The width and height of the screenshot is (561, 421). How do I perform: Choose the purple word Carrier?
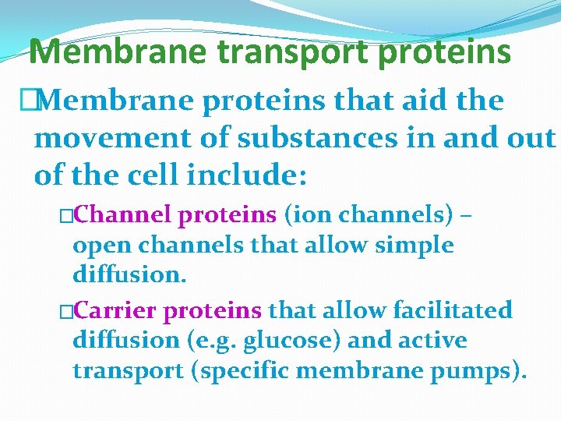[x=119, y=310]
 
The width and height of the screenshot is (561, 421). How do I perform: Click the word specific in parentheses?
[x=243, y=371]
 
